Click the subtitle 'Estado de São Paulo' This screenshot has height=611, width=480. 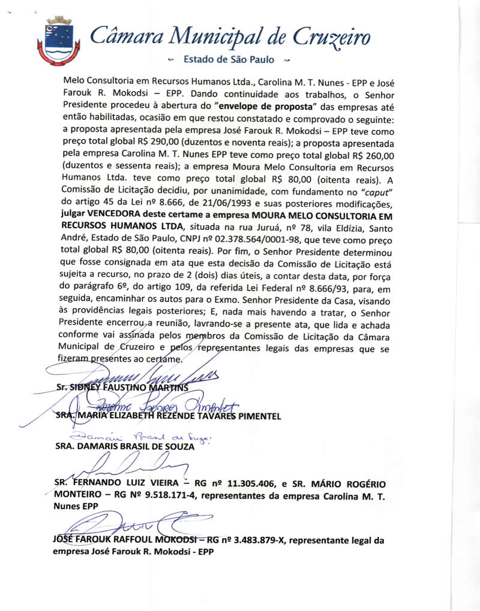[229, 59]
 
